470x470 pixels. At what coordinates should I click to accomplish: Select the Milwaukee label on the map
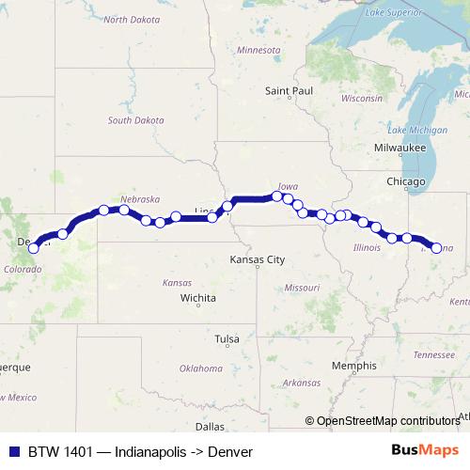pos(399,149)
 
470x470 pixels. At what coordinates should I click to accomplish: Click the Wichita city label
pos(198,299)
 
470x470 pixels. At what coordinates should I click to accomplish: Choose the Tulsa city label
pos(227,338)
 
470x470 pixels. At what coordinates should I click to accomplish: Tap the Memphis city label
pos(354,365)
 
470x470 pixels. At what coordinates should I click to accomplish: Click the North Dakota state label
pos(130,19)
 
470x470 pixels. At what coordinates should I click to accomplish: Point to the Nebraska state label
pos(140,199)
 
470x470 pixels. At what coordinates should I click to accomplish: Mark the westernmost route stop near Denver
pos(34,248)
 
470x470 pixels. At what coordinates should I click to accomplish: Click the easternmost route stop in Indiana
pos(436,246)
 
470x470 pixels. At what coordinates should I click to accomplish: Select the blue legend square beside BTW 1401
pos(13,451)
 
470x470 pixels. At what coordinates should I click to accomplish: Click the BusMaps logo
pos(426,451)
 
